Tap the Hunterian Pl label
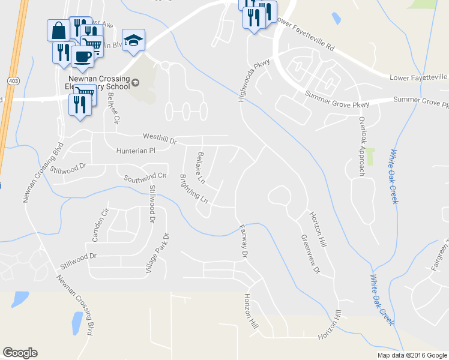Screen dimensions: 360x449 coord(135,151)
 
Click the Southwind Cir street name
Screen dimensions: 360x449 coord(145,177)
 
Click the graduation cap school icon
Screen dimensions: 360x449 coord(134,41)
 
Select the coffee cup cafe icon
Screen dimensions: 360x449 coord(82,56)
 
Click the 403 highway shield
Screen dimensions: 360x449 coord(12,80)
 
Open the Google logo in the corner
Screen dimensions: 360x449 coord(20,353)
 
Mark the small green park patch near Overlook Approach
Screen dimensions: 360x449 coord(371,157)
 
